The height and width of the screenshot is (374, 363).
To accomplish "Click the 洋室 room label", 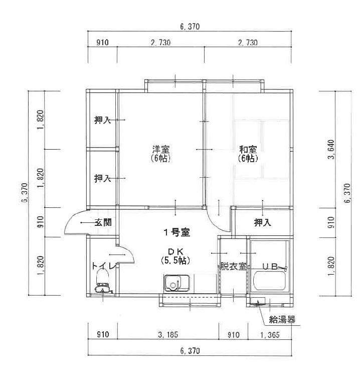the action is [x=161, y=150].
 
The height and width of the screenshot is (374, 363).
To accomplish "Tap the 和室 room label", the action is [x=248, y=150].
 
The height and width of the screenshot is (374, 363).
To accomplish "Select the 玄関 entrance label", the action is [x=103, y=222].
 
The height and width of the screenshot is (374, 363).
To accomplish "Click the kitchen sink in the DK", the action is [x=176, y=283].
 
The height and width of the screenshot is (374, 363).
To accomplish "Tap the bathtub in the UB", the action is [x=269, y=281].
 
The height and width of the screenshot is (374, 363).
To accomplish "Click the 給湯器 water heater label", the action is [x=282, y=319].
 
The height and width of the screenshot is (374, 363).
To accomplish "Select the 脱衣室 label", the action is [x=233, y=266].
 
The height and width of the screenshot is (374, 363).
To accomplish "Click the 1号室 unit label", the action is [x=176, y=232].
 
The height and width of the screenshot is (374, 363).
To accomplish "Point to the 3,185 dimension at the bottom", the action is [x=168, y=335].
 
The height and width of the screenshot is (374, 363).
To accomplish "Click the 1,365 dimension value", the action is [x=270, y=335].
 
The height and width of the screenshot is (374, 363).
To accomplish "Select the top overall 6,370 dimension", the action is [x=190, y=27].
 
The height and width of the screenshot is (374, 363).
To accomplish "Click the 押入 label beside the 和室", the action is [x=263, y=222].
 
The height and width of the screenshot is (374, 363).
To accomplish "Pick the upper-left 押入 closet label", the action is [x=103, y=120].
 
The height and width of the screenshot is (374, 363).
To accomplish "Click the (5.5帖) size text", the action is [x=175, y=260].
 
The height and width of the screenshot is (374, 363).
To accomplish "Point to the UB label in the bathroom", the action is [x=270, y=266].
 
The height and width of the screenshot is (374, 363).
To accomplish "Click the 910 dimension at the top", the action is [x=102, y=43].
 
